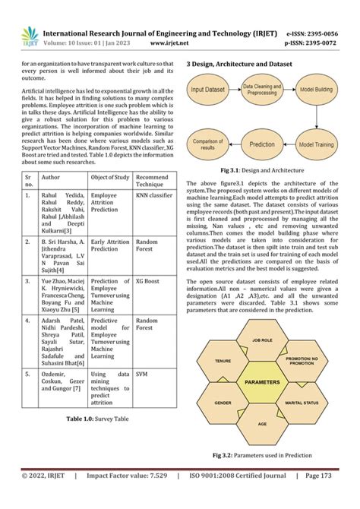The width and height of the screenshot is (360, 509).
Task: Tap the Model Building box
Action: pos(316,90)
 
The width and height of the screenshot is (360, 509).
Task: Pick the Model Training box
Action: pos(316,144)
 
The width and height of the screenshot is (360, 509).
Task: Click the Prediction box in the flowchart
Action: pos(262,144)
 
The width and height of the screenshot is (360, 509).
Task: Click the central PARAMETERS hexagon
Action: pos(263,381)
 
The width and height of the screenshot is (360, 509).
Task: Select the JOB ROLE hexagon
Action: pos(263,341)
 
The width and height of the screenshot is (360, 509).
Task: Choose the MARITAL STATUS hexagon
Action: pos(303,402)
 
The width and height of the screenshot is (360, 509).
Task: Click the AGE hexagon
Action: pos(263,422)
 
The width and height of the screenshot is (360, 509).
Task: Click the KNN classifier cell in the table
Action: pos(154,195)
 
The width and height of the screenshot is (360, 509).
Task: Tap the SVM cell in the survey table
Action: pos(142,375)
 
